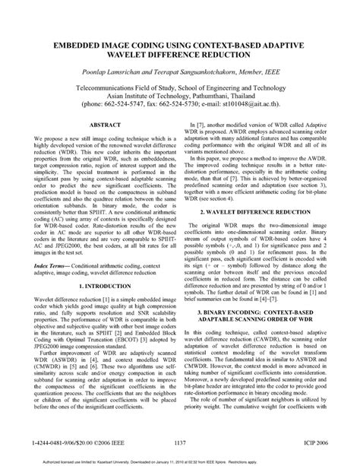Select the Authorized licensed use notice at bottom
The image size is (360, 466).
tap(180, 458)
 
